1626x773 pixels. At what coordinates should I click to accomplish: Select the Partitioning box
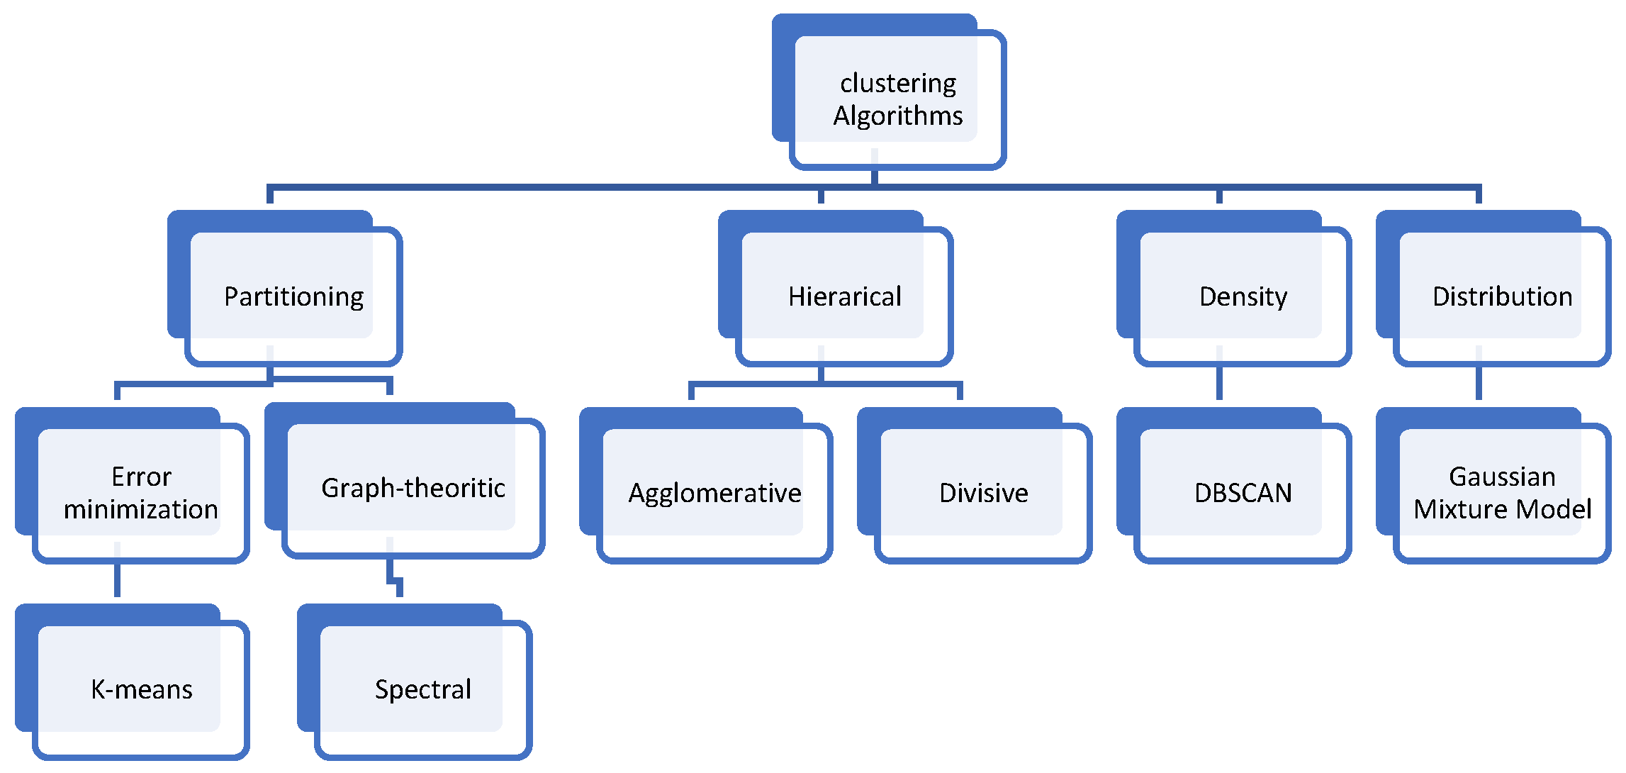[x=293, y=296]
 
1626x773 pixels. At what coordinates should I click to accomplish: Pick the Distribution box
[x=1501, y=296]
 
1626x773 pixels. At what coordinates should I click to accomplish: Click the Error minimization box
[x=140, y=492]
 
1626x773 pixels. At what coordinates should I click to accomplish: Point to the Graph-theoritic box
[x=413, y=488]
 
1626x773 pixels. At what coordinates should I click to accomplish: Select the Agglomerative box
[x=714, y=492]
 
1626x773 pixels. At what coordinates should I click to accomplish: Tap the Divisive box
[x=982, y=492]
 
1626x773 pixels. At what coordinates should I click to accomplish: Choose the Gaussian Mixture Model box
[x=1501, y=492]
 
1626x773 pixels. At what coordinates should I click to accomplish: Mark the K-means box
[x=140, y=689]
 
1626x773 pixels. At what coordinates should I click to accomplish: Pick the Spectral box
[x=422, y=689]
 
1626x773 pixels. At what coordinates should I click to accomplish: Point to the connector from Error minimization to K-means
[x=117, y=578]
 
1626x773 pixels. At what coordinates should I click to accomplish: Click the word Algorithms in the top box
[x=897, y=116]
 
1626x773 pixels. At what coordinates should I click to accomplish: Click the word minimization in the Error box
[x=140, y=509]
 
